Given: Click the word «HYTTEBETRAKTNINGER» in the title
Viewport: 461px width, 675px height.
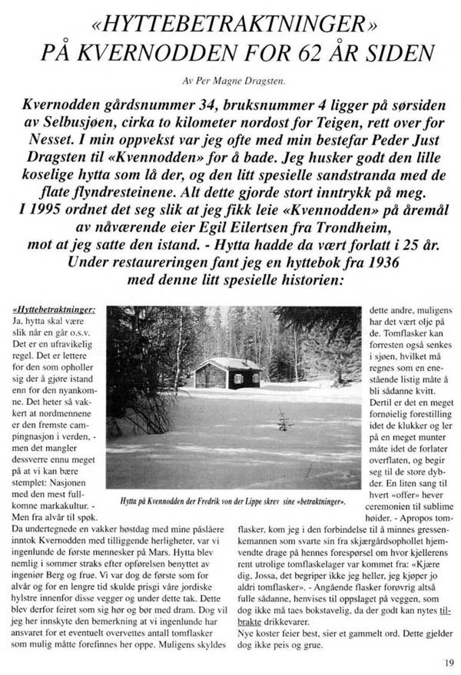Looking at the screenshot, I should (x=230, y=22).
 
